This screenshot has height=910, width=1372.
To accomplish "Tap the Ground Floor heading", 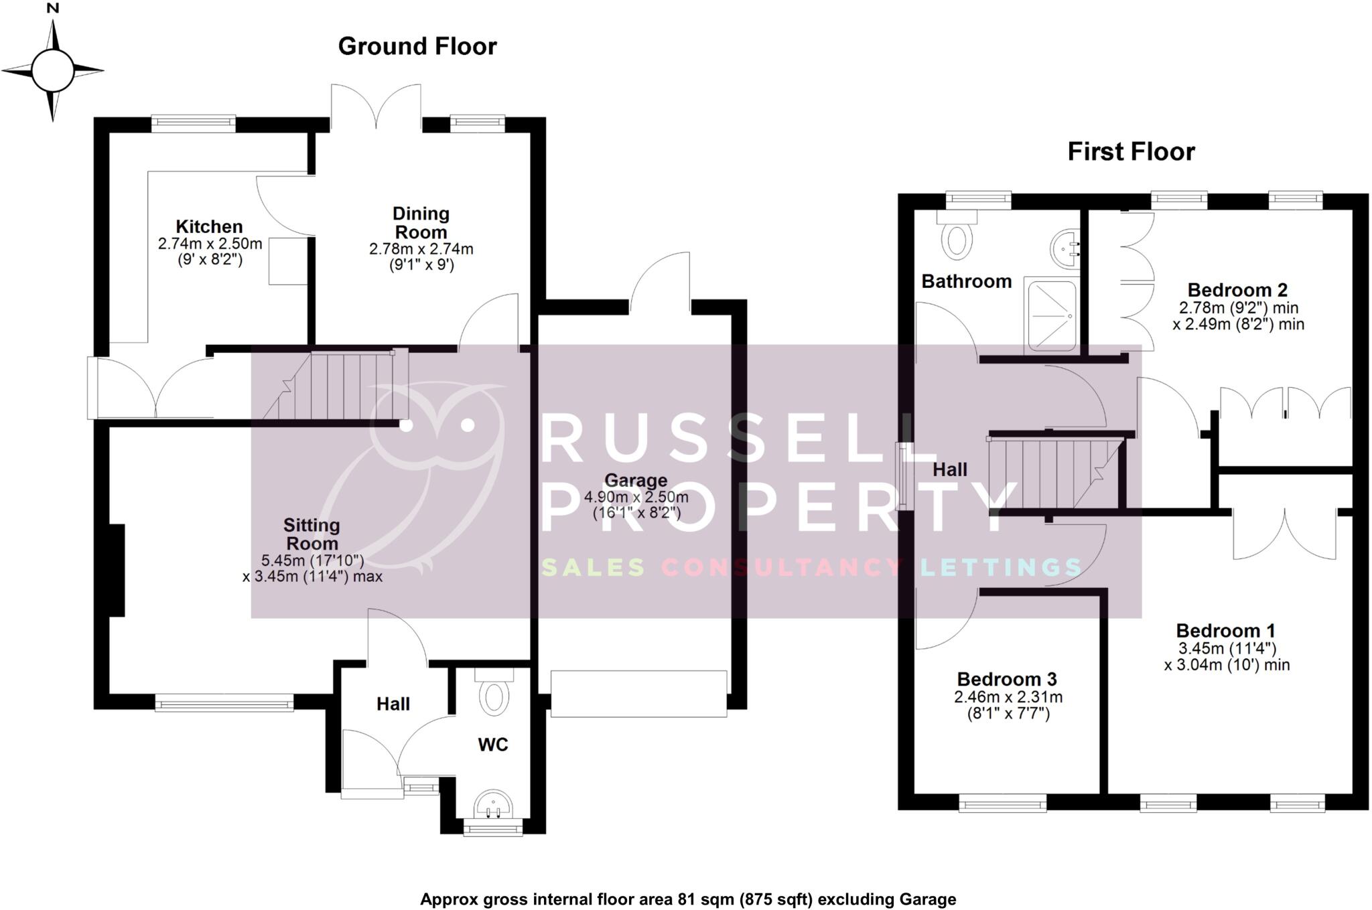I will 417,46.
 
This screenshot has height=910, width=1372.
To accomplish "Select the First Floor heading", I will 1131,152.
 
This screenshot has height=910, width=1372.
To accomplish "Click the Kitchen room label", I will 209,226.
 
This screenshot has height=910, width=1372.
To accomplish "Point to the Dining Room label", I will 421,223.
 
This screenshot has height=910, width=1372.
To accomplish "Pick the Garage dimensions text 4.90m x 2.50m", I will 636,498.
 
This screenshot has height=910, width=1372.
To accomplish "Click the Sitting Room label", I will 312,534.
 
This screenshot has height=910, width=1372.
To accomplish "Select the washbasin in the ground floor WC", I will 493,804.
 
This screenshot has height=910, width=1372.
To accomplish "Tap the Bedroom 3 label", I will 1007,679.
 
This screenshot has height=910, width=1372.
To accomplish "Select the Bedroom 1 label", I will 1225,631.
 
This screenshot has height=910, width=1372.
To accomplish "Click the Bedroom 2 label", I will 1237,290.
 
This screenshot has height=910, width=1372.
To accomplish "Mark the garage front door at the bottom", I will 638,694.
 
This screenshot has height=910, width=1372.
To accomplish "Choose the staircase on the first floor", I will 1055,473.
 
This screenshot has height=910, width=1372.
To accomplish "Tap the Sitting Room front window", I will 224,702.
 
